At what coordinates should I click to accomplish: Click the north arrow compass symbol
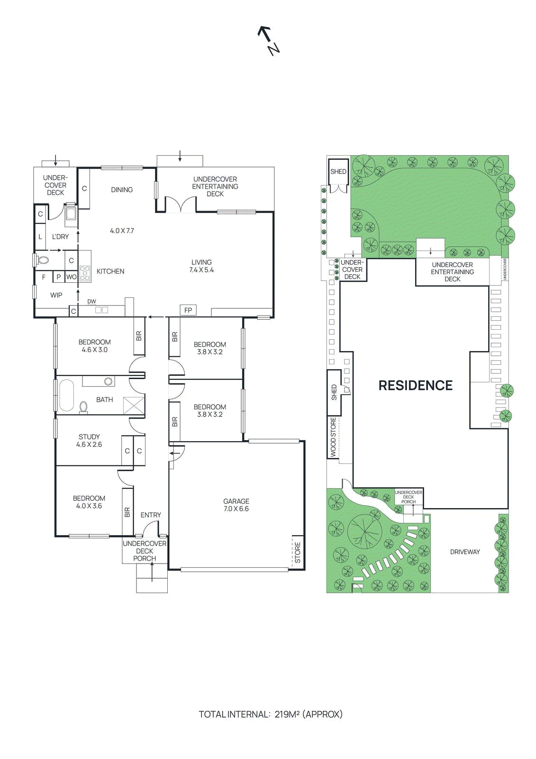tap(268, 40)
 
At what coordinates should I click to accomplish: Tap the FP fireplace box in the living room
tap(188, 310)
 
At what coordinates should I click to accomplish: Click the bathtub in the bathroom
tap(66, 395)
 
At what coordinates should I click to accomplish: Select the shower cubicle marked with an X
tap(133, 406)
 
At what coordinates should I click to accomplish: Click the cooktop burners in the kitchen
tap(85, 274)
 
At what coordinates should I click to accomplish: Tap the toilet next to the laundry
tap(43, 260)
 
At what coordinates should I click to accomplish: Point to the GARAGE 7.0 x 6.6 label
tap(236, 505)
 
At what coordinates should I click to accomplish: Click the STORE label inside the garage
tap(298, 553)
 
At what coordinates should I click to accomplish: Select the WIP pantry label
tap(56, 295)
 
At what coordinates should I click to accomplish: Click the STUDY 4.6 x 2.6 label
tap(89, 440)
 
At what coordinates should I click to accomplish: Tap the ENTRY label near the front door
tap(151, 515)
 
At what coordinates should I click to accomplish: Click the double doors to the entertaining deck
tap(180, 205)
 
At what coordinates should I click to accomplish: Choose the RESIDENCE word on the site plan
tap(415, 385)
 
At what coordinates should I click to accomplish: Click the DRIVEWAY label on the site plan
tap(465, 552)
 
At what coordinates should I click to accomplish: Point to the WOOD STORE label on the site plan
tap(333, 437)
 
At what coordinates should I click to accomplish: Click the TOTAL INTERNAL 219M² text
tap(270, 714)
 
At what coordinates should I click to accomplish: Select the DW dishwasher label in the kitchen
tap(91, 302)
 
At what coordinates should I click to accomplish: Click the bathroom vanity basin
tap(109, 381)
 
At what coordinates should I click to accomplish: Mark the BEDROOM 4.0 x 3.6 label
tap(89, 502)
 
